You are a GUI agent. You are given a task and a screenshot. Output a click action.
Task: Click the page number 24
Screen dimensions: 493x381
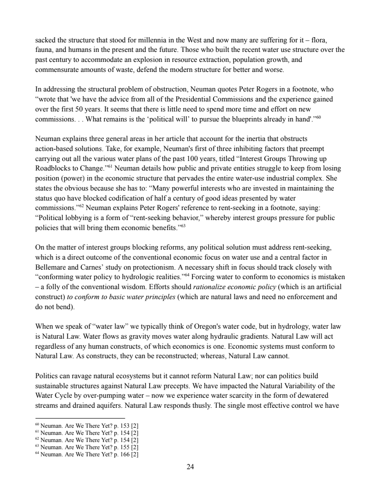pos(190,467)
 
